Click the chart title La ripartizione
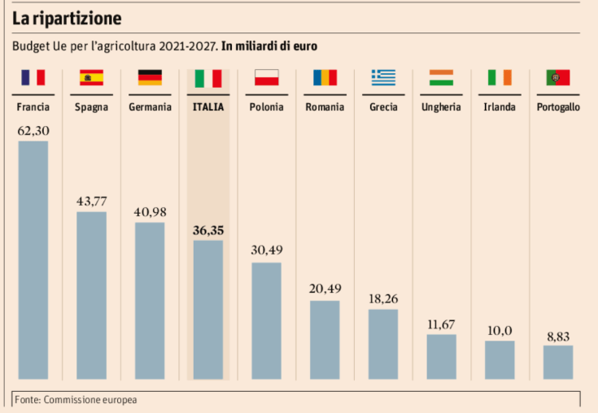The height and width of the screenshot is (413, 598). point(67,16)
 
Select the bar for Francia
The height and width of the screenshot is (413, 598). point(33,260)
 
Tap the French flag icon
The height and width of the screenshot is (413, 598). point(33,78)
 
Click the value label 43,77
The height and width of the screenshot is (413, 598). point(91,202)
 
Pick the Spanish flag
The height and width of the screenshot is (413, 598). point(91,78)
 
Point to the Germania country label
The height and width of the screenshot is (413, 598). point(150,107)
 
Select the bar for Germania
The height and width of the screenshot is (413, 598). point(150,301)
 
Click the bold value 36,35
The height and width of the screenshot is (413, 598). point(208,230)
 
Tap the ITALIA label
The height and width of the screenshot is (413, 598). point(208,107)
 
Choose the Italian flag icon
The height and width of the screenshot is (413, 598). point(208,78)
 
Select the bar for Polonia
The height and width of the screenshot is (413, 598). point(266,320)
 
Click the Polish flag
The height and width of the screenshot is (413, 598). point(266,78)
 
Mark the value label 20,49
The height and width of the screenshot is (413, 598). point(325,289)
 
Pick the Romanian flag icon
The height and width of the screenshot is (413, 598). point(325,78)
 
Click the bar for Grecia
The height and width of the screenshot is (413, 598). point(383,344)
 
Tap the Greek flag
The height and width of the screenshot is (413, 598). point(383,78)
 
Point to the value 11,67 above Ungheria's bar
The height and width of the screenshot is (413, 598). point(441,324)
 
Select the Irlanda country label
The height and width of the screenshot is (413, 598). point(500,107)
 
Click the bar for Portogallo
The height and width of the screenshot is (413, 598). point(558,363)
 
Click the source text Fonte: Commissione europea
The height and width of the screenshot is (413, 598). point(76,400)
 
